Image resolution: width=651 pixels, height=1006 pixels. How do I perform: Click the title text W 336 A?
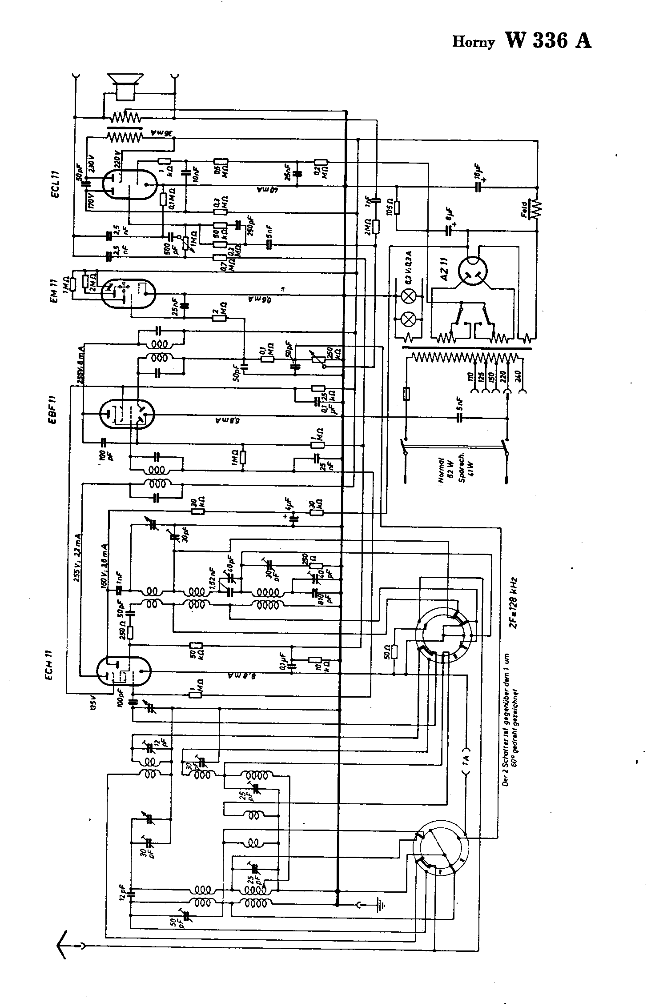coord(548,41)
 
